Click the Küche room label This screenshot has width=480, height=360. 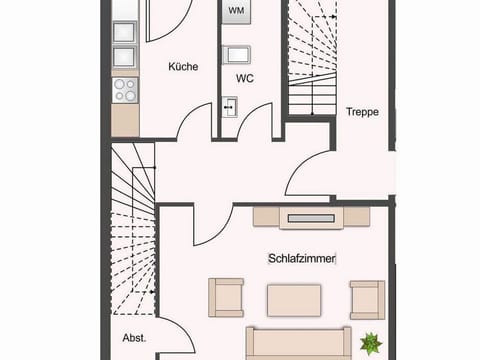point(183,67)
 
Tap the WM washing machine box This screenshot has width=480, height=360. point(236,12)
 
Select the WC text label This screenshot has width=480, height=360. point(245,78)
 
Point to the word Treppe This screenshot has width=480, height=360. point(362,112)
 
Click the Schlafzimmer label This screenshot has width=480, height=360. point(302,258)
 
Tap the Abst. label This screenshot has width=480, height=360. point(134,338)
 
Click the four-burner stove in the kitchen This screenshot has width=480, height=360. point(125,89)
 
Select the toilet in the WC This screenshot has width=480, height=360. point(236,54)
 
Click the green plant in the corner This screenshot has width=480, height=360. point(370,342)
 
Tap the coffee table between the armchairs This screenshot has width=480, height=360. point(293,298)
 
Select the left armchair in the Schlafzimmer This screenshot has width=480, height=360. point(225,297)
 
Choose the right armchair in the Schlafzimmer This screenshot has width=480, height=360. point(366,298)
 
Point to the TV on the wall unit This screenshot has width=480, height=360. point(311,216)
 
